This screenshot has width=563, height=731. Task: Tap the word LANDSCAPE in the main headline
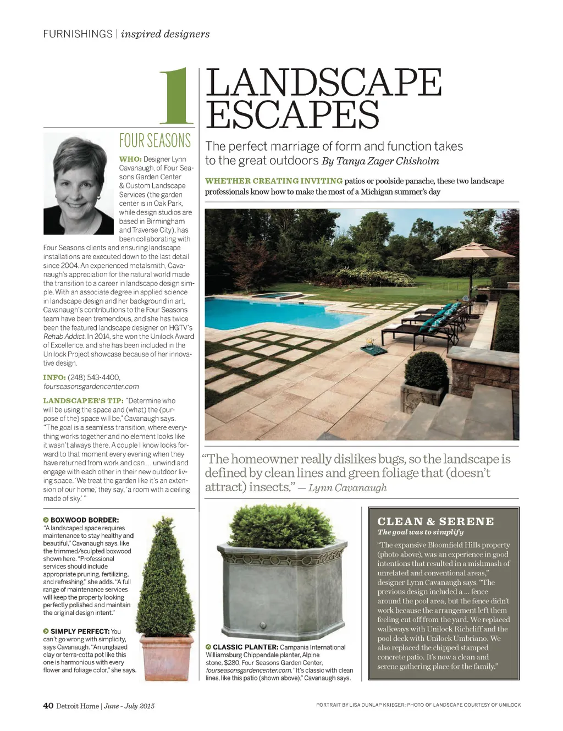pyautogui.click(x=323, y=83)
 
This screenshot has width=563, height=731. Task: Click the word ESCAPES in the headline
pyautogui.click(x=292, y=114)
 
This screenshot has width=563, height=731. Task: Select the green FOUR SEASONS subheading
pyautogui.click(x=155, y=141)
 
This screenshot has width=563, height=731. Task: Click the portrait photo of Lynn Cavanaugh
pyautogui.click(x=79, y=185)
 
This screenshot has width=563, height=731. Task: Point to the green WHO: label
pyautogui.click(x=130, y=160)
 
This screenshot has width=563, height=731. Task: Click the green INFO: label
pyautogui.click(x=54, y=377)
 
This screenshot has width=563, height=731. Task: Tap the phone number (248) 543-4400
pyautogui.click(x=94, y=377)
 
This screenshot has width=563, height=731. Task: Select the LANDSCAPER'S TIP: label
pyautogui.click(x=83, y=401)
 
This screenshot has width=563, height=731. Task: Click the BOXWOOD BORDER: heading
pyautogui.click(x=84, y=520)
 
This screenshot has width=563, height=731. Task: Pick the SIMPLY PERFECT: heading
pyautogui.click(x=80, y=631)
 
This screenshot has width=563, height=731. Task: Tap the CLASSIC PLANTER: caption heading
pyautogui.click(x=245, y=647)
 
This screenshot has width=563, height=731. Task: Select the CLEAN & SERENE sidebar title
pyautogui.click(x=435, y=521)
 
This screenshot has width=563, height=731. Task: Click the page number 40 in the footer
pyautogui.click(x=48, y=706)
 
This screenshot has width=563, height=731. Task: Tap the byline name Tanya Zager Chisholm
pyautogui.click(x=388, y=161)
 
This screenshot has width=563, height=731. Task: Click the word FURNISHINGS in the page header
pyautogui.click(x=78, y=34)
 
